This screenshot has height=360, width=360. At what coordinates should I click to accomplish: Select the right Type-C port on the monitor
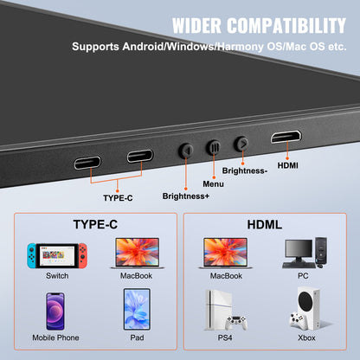pos(140,157)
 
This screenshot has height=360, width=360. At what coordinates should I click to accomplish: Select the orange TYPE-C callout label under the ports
pos(118,197)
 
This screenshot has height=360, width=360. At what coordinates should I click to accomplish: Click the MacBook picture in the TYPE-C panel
pos(135,252)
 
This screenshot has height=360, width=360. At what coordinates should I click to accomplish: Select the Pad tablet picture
pos(136,309)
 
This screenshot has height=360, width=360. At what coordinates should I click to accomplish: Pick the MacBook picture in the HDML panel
pos(225,252)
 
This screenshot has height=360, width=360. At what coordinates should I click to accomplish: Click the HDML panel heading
pos(265,223)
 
